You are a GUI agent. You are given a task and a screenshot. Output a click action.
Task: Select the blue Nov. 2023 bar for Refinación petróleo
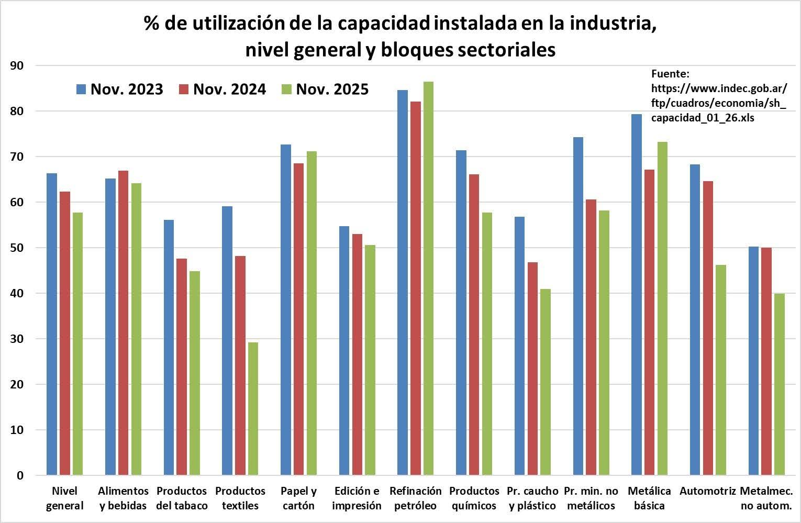tap(403, 283)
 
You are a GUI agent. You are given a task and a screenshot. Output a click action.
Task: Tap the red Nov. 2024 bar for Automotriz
tap(708, 328)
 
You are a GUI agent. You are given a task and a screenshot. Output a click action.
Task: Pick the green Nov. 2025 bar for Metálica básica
tap(662, 309)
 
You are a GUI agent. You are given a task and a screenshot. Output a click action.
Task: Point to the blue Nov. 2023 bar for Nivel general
tap(52, 325)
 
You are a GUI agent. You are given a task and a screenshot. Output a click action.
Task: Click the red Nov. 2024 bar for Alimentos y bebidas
tap(123, 323)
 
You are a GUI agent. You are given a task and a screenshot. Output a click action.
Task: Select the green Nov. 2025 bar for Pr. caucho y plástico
tap(545, 382)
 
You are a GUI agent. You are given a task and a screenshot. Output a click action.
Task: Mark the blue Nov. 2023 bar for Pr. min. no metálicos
tap(578, 306)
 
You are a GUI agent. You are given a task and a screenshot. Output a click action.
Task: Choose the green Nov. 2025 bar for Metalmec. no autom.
tap(779, 384)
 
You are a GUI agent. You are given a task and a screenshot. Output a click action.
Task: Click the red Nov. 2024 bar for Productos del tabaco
tap(182, 366)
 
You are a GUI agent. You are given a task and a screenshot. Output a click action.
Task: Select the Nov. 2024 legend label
tap(229, 90)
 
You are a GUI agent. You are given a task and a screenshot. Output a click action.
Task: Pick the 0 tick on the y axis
tap(20, 476)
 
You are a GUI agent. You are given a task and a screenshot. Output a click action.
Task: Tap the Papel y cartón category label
tap(298, 498)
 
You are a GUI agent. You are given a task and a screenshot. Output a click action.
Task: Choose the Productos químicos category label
tap(474, 498)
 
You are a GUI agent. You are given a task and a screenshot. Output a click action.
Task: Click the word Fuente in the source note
tap(671, 74)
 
